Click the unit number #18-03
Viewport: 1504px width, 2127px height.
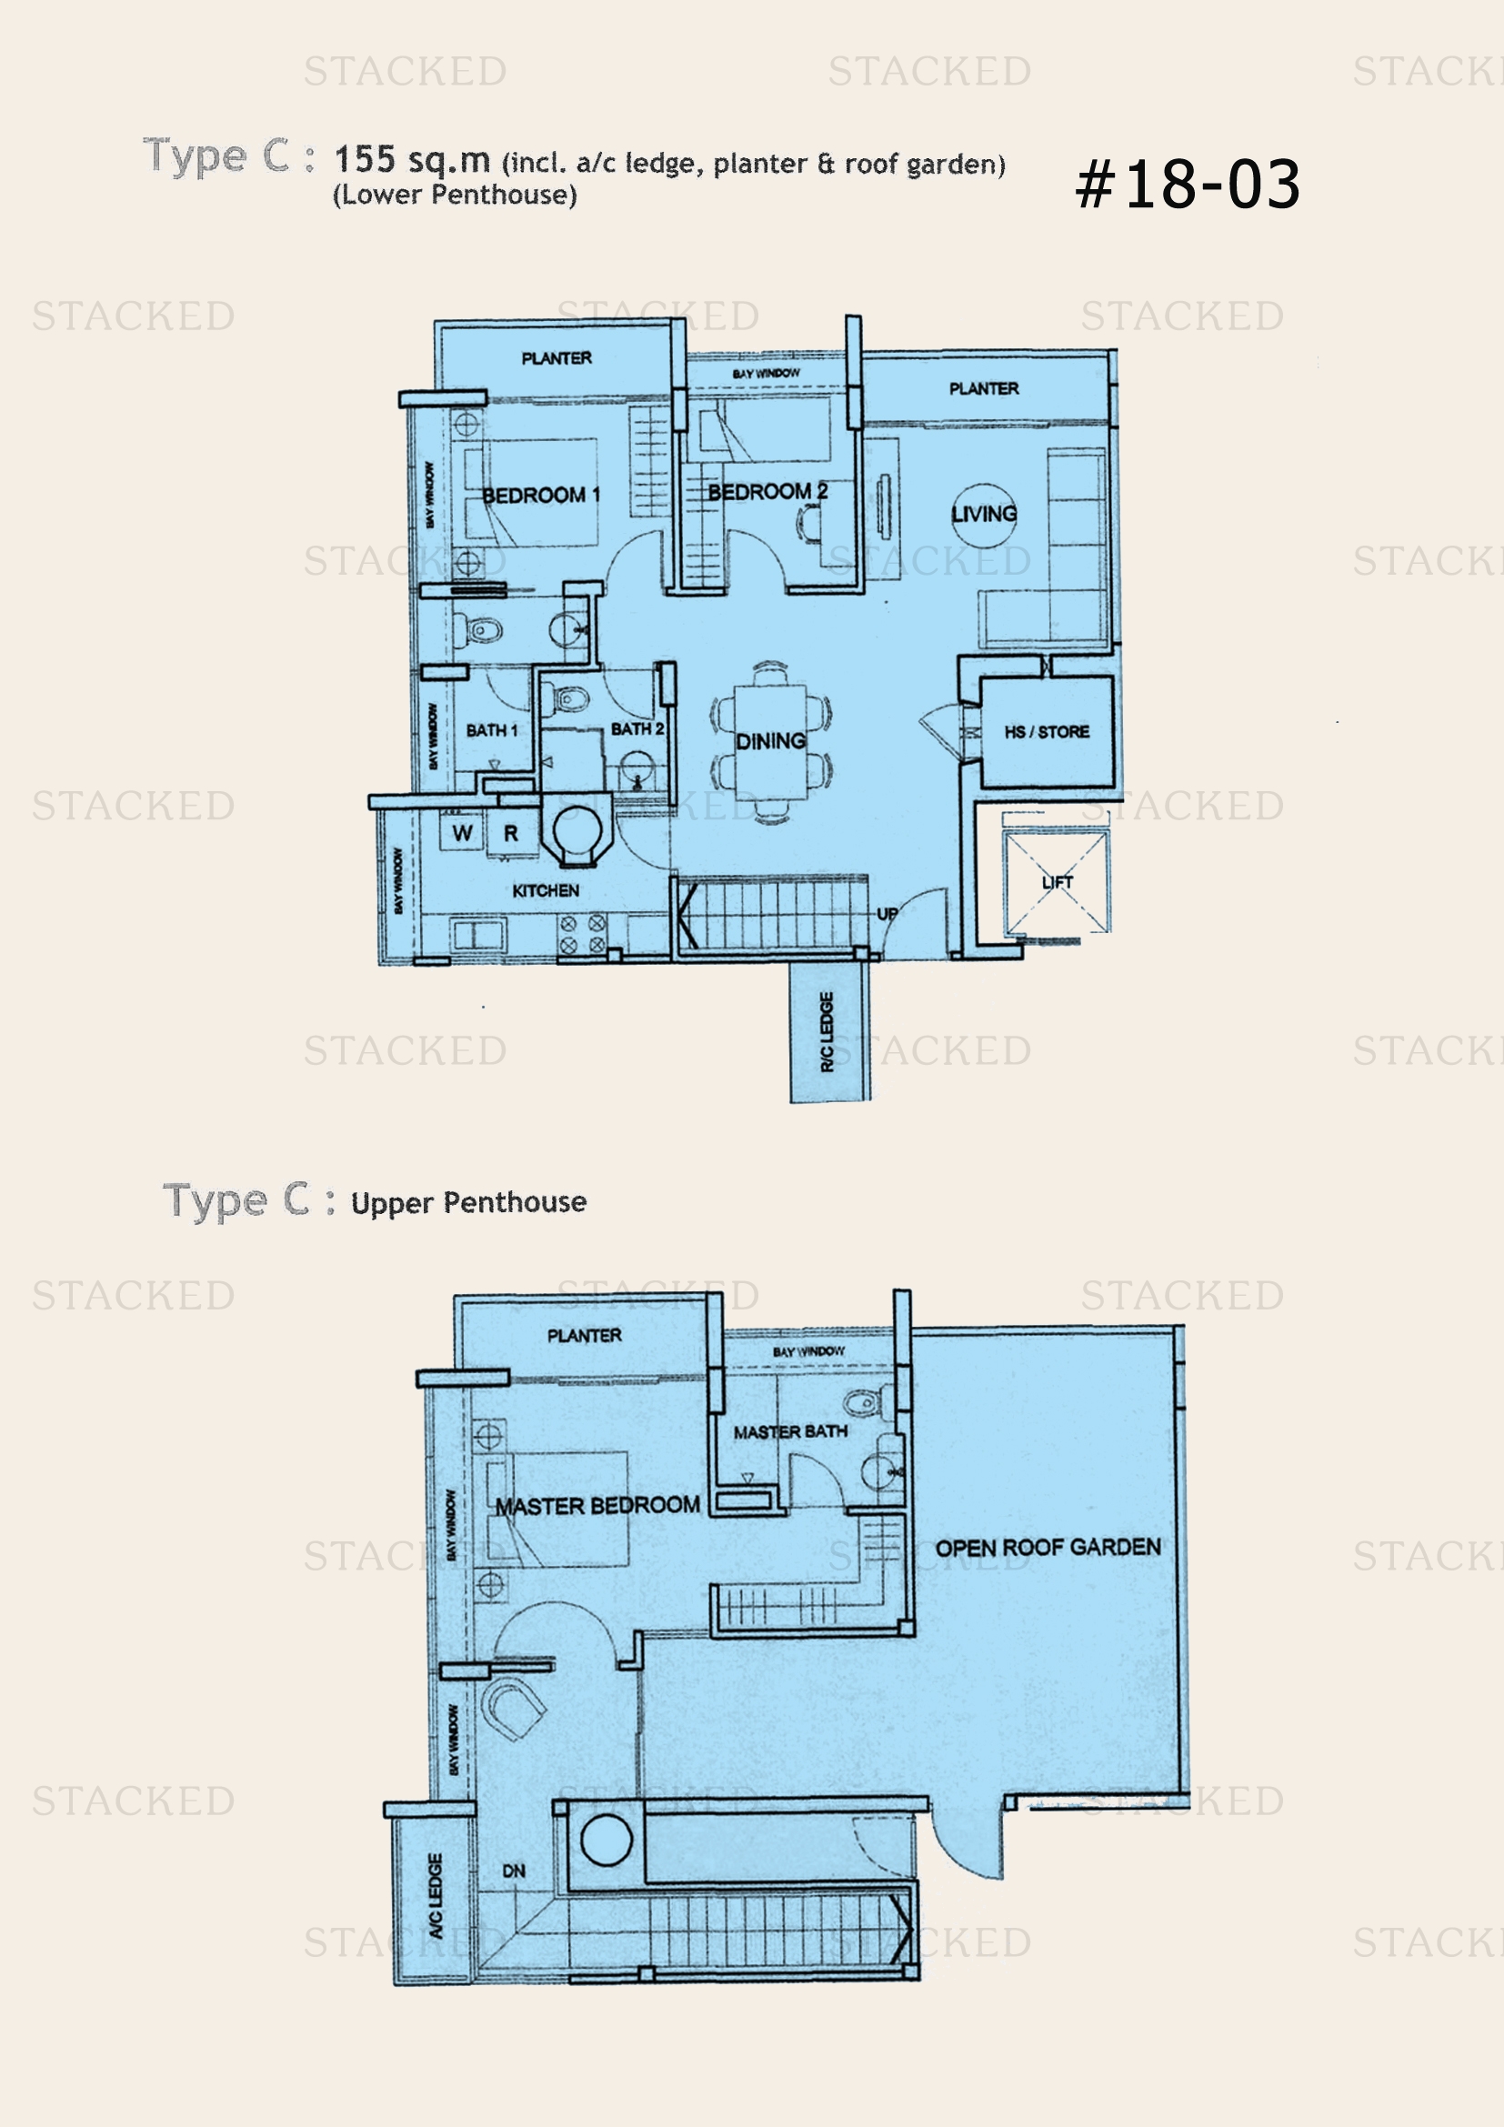1188,184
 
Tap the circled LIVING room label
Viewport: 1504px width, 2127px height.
984,513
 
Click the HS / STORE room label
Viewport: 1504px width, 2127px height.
1047,732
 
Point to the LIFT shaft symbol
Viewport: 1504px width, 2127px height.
1057,882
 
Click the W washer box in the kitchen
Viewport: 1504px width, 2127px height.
462,833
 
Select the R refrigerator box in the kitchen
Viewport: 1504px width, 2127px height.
510,834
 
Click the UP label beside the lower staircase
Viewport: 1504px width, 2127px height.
887,914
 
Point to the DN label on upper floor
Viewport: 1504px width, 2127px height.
514,1871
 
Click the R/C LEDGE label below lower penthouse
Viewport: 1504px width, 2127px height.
827,1031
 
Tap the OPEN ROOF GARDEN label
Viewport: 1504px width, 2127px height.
1048,1547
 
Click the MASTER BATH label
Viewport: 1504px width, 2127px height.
790,1431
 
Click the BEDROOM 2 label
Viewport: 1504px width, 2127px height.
767,492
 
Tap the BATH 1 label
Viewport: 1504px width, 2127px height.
492,730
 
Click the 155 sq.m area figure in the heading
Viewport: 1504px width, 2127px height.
412,160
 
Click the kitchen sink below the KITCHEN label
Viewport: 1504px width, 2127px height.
478,934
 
